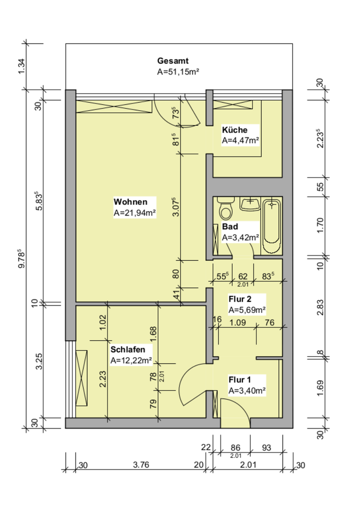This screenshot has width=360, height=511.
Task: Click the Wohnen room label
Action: click(x=130, y=202)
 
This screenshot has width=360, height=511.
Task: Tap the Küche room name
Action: click(x=235, y=130)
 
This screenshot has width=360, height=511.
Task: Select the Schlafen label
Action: click(x=128, y=350)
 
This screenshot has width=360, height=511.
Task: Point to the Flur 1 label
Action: click(x=240, y=380)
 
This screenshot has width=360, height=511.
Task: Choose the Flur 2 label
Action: click(x=240, y=299)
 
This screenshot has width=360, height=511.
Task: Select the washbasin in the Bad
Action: click(x=250, y=204)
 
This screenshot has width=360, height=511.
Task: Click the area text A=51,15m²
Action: click(x=178, y=72)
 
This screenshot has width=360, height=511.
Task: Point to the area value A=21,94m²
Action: click(x=135, y=213)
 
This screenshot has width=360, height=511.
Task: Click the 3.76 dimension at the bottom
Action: click(x=141, y=464)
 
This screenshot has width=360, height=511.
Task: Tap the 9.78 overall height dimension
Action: click(x=21, y=259)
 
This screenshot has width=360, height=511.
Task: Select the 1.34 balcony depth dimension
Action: click(x=21, y=67)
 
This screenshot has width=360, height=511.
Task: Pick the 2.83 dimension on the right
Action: click(x=321, y=307)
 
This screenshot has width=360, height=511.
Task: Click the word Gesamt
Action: click(x=173, y=61)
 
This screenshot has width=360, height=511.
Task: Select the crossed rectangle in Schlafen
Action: click(x=81, y=378)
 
